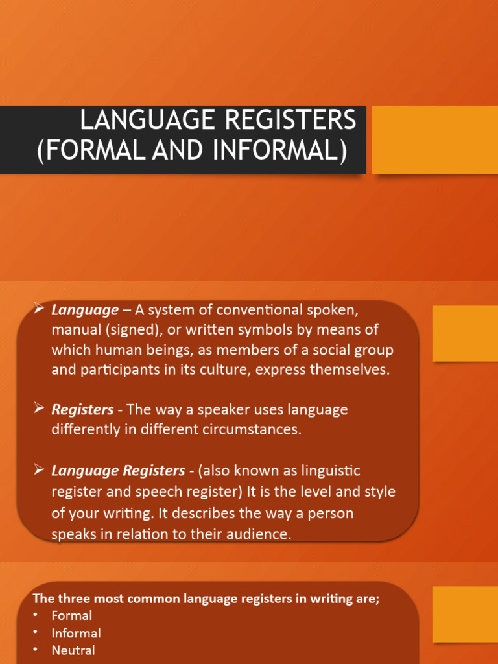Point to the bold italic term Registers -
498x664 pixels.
86,410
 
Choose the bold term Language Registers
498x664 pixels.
118,470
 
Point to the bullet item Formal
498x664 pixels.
72,615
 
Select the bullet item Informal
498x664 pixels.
77,633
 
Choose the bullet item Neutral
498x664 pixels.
73,650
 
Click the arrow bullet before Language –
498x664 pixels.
38,309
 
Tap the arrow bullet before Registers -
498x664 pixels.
38,409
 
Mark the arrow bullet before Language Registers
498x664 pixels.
38,469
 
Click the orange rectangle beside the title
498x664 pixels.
434,140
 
